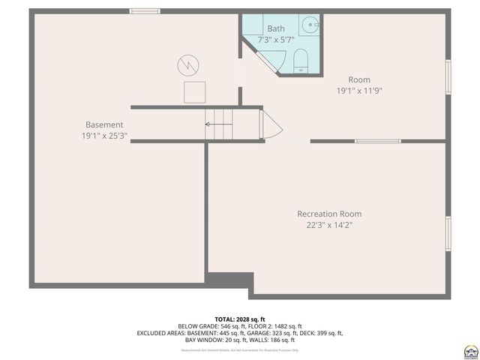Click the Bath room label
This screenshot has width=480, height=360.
click(x=276, y=28)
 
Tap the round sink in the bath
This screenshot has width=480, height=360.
click(x=310, y=24)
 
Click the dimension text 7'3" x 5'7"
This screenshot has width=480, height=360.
click(x=276, y=40)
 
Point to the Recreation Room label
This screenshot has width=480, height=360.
click(x=328, y=214)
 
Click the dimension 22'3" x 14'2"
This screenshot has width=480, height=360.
click(x=328, y=224)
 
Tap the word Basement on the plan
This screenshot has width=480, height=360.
click(x=103, y=125)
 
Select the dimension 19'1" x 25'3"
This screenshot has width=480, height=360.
click(x=103, y=136)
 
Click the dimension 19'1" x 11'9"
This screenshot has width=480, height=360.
click(x=358, y=91)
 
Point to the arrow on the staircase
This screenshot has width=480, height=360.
click(x=217, y=124)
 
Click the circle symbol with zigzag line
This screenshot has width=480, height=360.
click(x=187, y=65)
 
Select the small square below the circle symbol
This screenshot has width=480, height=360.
click(x=195, y=92)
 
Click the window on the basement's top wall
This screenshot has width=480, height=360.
click(x=145, y=10)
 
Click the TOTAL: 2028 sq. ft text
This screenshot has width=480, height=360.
click(x=240, y=319)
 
